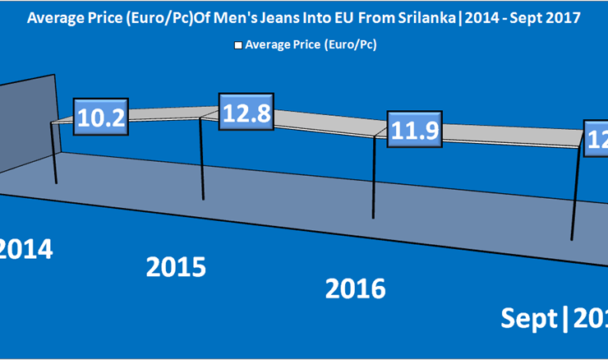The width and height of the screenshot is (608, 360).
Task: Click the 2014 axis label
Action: [x=26, y=247]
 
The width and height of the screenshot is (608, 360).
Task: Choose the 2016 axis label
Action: [x=355, y=288]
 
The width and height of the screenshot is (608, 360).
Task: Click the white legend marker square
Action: [x=238, y=45]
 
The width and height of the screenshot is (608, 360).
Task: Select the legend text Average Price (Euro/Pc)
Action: [x=311, y=45]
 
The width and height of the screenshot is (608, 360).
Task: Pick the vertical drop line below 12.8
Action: [x=203, y=160]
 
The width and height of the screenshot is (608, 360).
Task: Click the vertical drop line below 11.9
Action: [x=375, y=177]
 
